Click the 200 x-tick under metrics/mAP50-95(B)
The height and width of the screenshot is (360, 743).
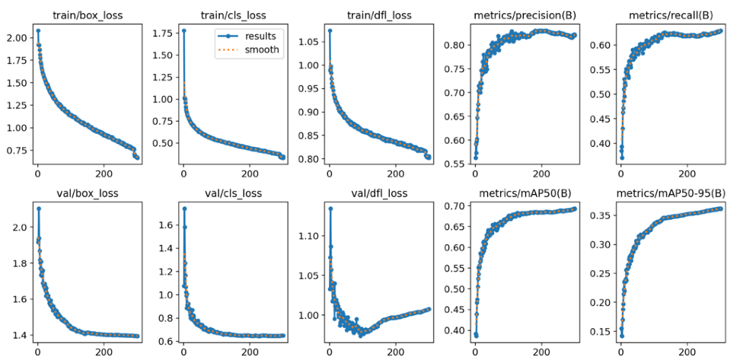point(687,352)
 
